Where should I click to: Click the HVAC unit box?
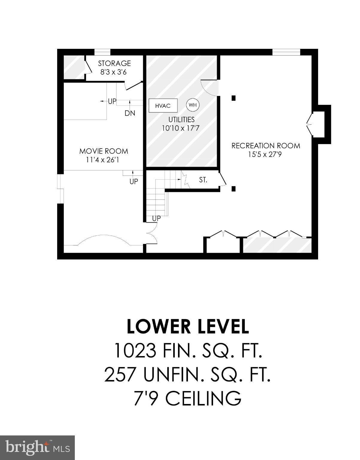click(x=163, y=105)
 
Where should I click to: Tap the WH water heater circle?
click(x=193, y=105)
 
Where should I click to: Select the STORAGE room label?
click(x=114, y=63)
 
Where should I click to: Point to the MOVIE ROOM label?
click(x=104, y=151)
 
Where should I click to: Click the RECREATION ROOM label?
click(x=266, y=146)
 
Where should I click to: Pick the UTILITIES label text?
click(x=181, y=119)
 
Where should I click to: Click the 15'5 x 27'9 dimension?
click(x=265, y=155)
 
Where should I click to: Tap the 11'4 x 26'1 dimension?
click(x=103, y=160)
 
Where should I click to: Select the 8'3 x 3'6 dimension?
click(x=113, y=72)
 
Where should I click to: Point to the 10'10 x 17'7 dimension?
click(x=181, y=128)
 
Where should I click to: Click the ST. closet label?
click(x=203, y=180)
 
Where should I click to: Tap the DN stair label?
click(x=130, y=113)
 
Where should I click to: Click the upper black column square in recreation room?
click(x=233, y=98)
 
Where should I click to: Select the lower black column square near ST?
click(x=233, y=189)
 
